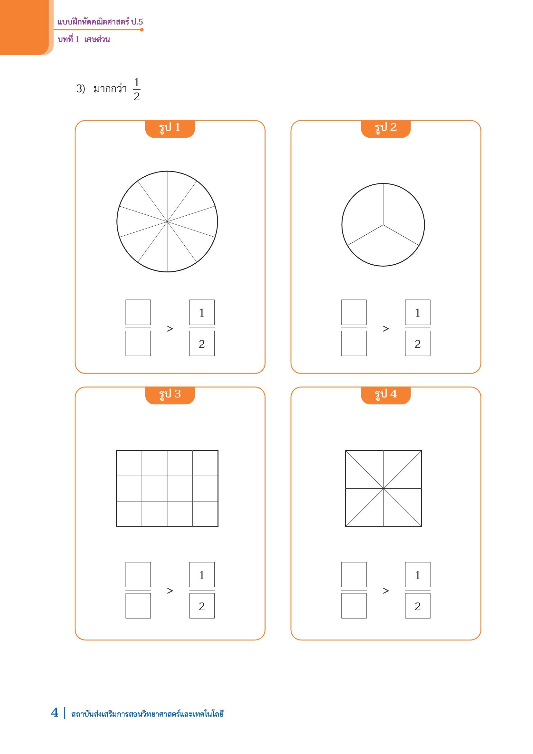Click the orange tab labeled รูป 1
pyautogui.click(x=170, y=129)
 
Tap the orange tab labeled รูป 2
pyautogui.click(x=386, y=129)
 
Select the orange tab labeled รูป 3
pyautogui.click(x=170, y=396)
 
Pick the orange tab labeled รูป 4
pyautogui.click(x=386, y=396)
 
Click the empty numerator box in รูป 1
pyautogui.click(x=138, y=312)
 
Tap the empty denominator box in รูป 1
pyautogui.click(x=138, y=343)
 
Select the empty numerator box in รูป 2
pyautogui.click(x=354, y=312)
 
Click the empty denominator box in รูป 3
pyautogui.click(x=138, y=606)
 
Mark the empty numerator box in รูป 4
pyautogui.click(x=354, y=575)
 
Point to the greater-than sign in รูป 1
pyautogui.click(x=170, y=328)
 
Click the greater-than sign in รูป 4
pyautogui.click(x=386, y=591)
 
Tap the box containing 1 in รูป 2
pyautogui.click(x=417, y=312)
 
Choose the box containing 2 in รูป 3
pyautogui.click(x=202, y=606)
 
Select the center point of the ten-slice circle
pyautogui.click(x=167, y=222)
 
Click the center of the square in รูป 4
pyautogui.click(x=383, y=488)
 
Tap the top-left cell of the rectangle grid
pyautogui.click(x=129, y=463)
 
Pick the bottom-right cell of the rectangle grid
pyautogui.click(x=205, y=514)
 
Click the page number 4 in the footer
pyautogui.click(x=55, y=713)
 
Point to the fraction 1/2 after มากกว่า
pyautogui.click(x=137, y=89)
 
